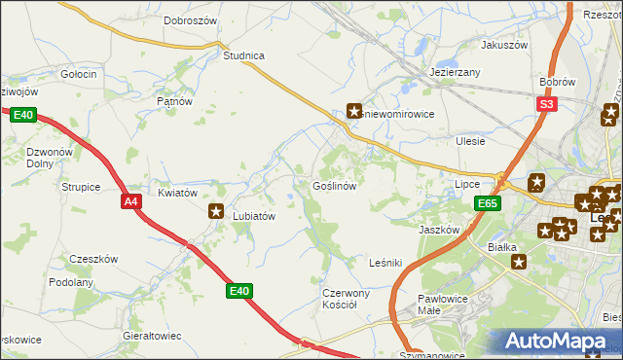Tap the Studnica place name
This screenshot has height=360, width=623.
click(244, 55)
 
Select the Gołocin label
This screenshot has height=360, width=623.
click(78, 74)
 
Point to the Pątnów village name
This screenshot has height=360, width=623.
click(175, 100)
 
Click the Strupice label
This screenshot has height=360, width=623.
click(81, 186)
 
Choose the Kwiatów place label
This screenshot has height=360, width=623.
click(178, 193)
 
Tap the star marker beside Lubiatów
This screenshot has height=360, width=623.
click(216, 210)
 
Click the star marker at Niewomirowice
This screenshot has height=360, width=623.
click(355, 112)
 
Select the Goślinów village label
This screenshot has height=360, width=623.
click(338, 185)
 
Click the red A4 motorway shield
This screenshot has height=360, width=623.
click(131, 201)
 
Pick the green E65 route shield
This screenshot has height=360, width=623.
click(488, 203)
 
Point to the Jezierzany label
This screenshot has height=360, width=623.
click(456, 72)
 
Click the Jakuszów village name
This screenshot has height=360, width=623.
click(503, 45)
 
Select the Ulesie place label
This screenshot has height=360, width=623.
click(470, 141)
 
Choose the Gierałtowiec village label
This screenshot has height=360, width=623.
click(153, 336)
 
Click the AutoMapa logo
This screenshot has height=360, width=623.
click(559, 342)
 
